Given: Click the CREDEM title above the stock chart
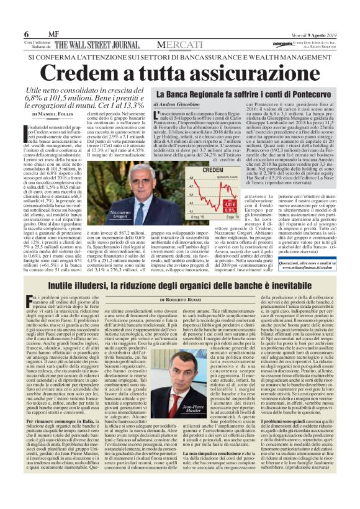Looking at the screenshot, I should [x=213, y=169].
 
